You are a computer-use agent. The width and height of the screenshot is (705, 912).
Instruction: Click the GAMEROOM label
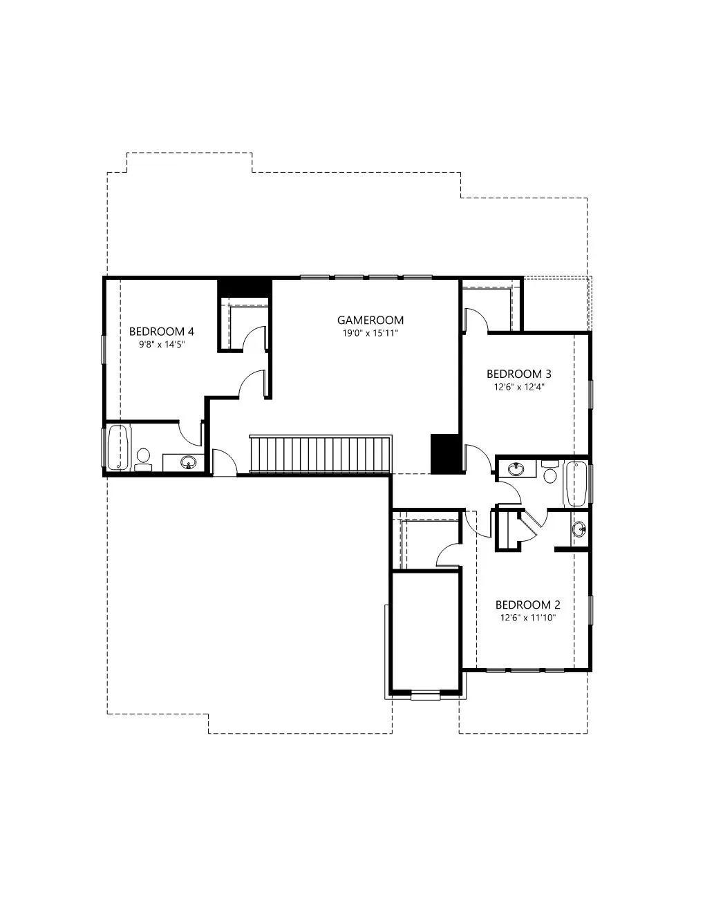(370, 320)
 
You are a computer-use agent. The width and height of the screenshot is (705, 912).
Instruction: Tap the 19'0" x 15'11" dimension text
(370, 334)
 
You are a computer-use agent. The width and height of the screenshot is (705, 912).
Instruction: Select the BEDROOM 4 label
(162, 332)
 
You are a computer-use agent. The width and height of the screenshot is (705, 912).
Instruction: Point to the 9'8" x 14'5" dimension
(162, 345)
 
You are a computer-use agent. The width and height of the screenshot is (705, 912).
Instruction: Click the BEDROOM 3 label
(519, 374)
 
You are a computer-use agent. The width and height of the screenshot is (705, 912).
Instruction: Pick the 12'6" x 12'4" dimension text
(519, 387)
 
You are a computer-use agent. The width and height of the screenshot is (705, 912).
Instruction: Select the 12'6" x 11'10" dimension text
(528, 618)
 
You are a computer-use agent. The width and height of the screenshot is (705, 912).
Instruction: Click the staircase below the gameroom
(321, 455)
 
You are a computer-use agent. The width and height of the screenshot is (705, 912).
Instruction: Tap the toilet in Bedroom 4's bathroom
(143, 459)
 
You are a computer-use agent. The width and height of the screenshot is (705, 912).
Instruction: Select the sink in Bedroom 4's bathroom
(189, 463)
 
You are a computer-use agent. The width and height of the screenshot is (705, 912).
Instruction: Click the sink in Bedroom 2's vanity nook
(580, 529)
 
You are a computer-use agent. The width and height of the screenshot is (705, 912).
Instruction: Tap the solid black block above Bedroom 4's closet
(245, 288)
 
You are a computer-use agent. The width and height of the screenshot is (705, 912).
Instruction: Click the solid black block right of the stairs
(446, 454)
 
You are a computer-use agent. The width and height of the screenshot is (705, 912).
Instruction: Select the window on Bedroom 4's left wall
(103, 350)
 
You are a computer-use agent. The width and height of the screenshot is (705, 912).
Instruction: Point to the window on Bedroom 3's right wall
(590, 394)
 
